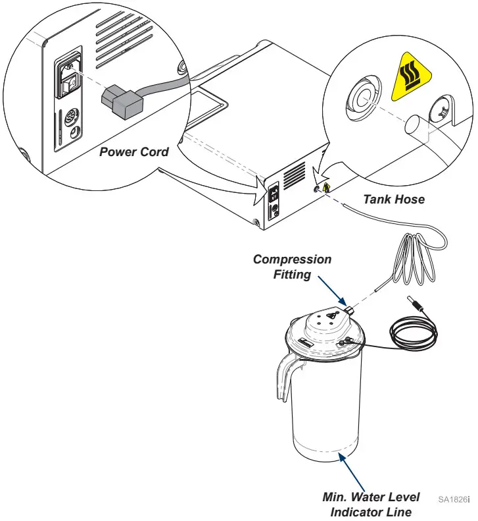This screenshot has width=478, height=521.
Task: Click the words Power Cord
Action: click(134, 152)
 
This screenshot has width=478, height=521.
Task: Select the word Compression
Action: click(293, 260)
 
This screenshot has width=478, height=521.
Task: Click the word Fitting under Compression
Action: click(293, 274)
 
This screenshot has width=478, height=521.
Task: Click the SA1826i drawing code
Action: click(454, 499)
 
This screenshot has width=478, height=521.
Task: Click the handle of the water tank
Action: click(285, 372)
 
